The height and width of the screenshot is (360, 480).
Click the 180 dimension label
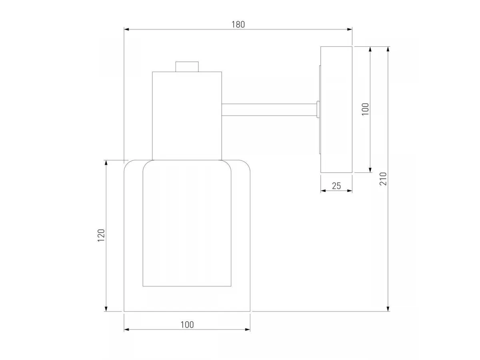tap(238, 24)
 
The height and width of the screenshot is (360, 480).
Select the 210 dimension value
tap(383, 179)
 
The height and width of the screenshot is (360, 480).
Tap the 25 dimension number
tap(336, 186)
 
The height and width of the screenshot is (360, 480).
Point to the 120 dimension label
tap(101, 235)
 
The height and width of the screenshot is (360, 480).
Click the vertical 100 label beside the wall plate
tap(365, 109)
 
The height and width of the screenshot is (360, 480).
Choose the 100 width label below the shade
tap(187, 325)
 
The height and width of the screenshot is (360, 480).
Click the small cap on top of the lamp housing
tap(187, 67)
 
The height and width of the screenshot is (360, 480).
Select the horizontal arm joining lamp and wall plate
tap(269, 110)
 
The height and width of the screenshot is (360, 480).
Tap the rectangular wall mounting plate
tap(336, 110)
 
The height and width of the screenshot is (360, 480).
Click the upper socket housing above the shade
tap(187, 116)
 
